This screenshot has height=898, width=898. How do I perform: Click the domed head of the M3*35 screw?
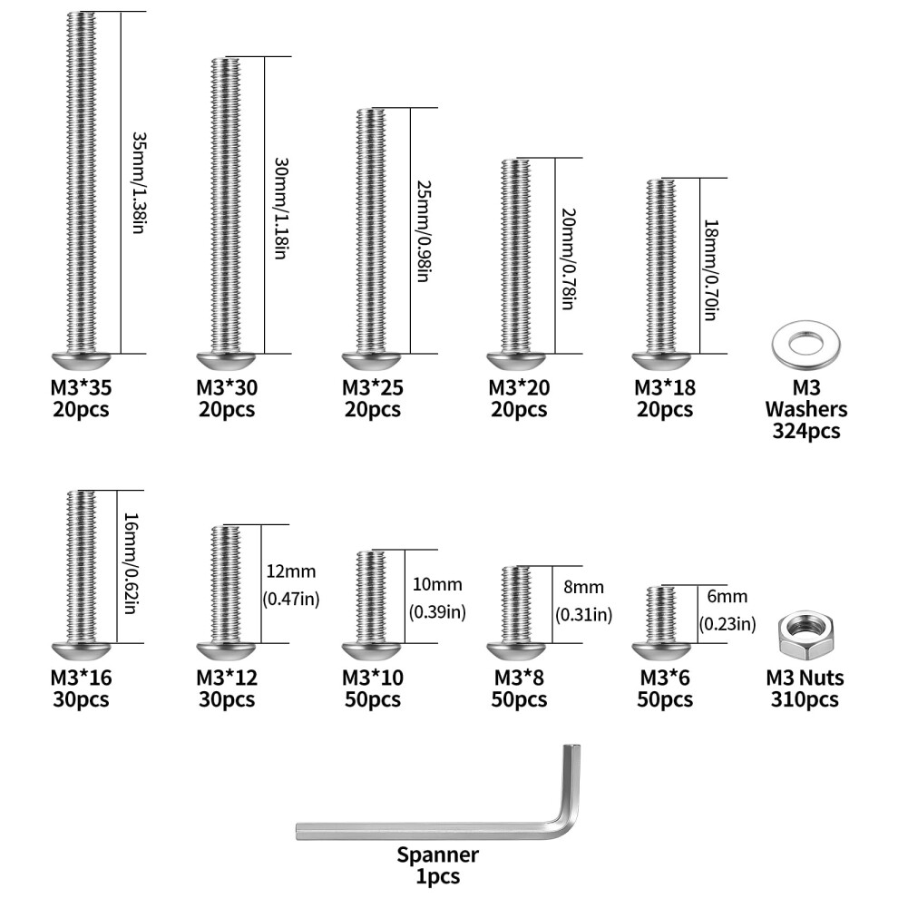coord(81,361)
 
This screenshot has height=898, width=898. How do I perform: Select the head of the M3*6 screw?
coord(662,651)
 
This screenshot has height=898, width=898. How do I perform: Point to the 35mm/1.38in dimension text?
coord(139,182)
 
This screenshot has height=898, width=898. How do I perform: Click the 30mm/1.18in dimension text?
coord(281,209)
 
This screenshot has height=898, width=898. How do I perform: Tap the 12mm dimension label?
coord(291,571)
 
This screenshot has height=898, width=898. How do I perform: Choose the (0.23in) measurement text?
coord(727,623)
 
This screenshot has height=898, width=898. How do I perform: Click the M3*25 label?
coord(373,387)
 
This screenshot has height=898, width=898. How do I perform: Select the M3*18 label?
coord(664,387)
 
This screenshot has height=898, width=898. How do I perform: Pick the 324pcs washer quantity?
coord(806,431)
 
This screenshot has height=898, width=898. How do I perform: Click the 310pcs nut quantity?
coord(805,699)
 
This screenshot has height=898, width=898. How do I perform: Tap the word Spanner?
coord(437,855)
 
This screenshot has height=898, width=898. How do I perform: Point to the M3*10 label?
coord(373,678)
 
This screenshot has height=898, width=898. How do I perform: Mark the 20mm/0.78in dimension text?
coord(568,259)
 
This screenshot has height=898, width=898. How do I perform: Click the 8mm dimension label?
coord(583,588)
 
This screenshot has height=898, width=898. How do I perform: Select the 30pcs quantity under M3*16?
coord(81,699)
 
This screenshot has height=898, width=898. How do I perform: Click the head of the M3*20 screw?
coord(517,361)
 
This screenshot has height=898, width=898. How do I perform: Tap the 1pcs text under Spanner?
coord(437,877)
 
